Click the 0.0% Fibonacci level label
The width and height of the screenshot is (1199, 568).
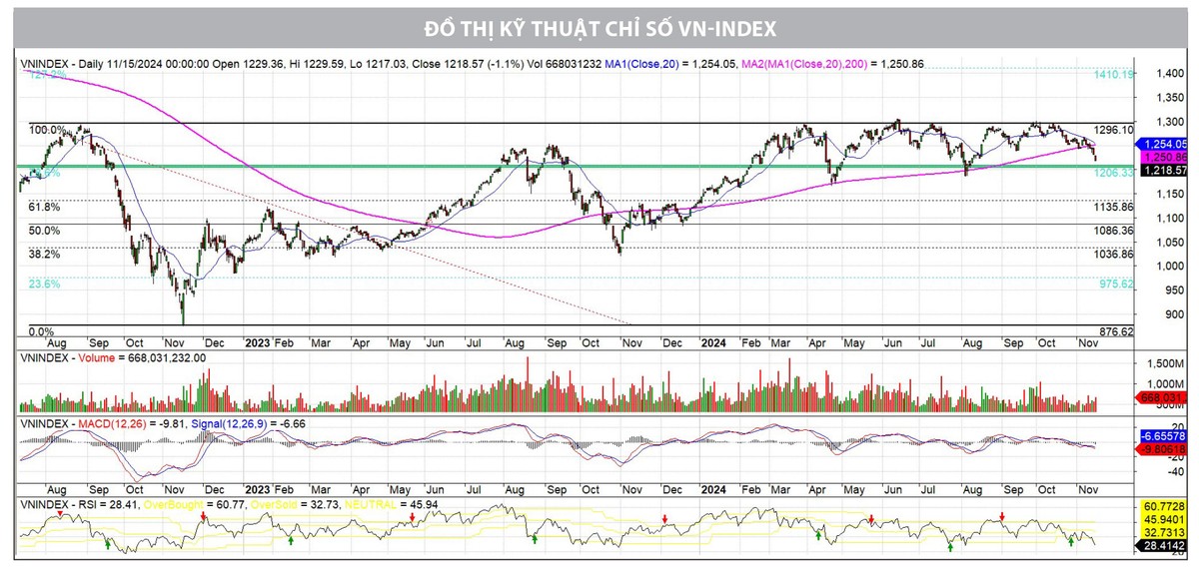40,331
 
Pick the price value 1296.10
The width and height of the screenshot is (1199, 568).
1114,131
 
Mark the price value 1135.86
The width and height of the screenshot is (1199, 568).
1114,208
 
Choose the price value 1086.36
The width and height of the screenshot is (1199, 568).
1114,232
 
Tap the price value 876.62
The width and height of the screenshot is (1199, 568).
1116,331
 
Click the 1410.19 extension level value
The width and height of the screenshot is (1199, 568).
1114,75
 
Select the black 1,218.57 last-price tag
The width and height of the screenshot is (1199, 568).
1164,172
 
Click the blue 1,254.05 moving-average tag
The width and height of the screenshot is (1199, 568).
1164,144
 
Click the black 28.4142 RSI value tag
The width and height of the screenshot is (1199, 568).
1164,545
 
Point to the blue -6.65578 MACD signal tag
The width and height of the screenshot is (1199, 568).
1164,437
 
